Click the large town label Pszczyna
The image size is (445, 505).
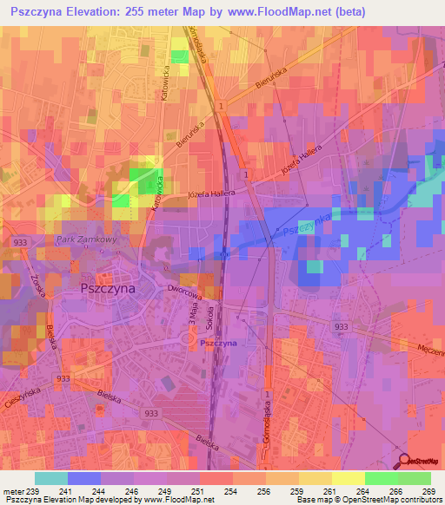(109, 289)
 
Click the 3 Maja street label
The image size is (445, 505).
(193, 327)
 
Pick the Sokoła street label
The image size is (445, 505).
(210, 324)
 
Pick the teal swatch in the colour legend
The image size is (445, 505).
(51, 478)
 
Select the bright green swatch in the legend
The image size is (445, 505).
(382, 478)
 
